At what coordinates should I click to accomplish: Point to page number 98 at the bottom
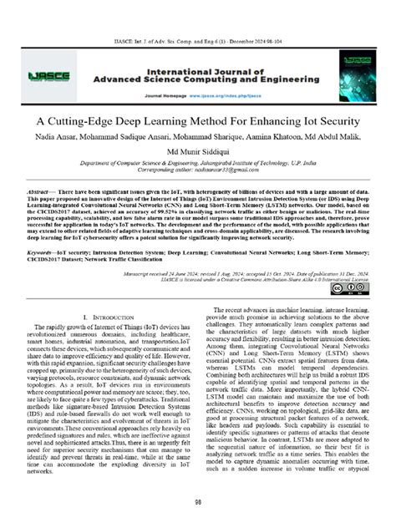(198, 503)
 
